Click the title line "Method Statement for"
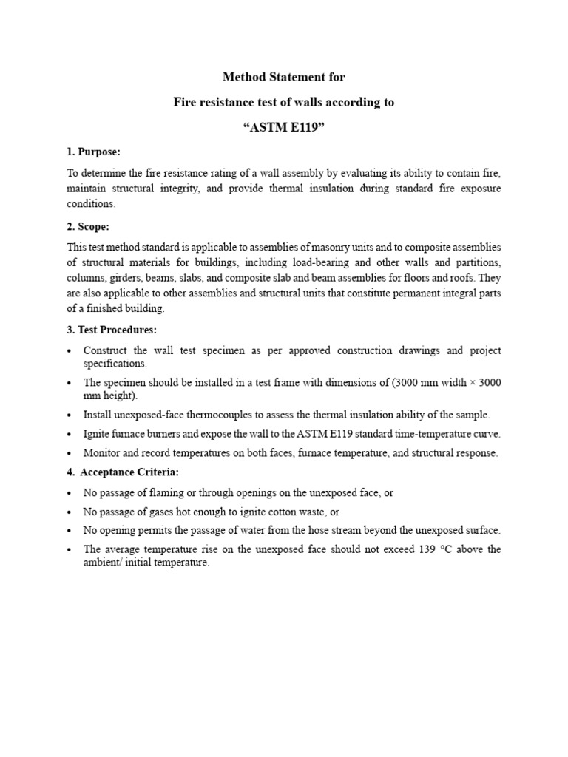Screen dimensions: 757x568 (284, 76)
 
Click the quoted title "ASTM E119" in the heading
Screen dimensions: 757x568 (284, 128)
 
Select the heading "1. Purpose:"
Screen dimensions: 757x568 (93, 152)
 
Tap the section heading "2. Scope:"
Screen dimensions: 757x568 (88, 225)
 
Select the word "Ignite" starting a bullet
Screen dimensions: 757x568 (98, 434)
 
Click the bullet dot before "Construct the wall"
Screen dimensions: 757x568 (70, 350)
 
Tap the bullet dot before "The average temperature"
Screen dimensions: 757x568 (70, 549)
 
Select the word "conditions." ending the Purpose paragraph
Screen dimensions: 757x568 (91, 204)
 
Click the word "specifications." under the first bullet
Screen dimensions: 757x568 (115, 363)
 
